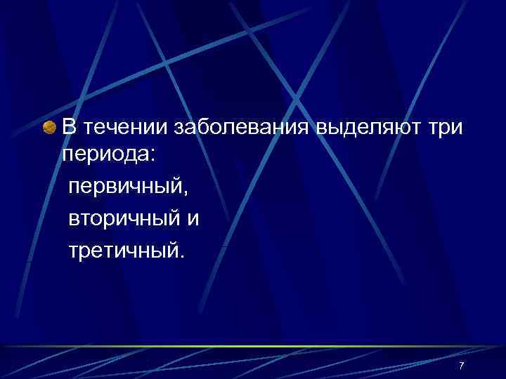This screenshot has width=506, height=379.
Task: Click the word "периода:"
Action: click(x=112, y=156)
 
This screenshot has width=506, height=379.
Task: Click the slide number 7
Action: click(x=461, y=366)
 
